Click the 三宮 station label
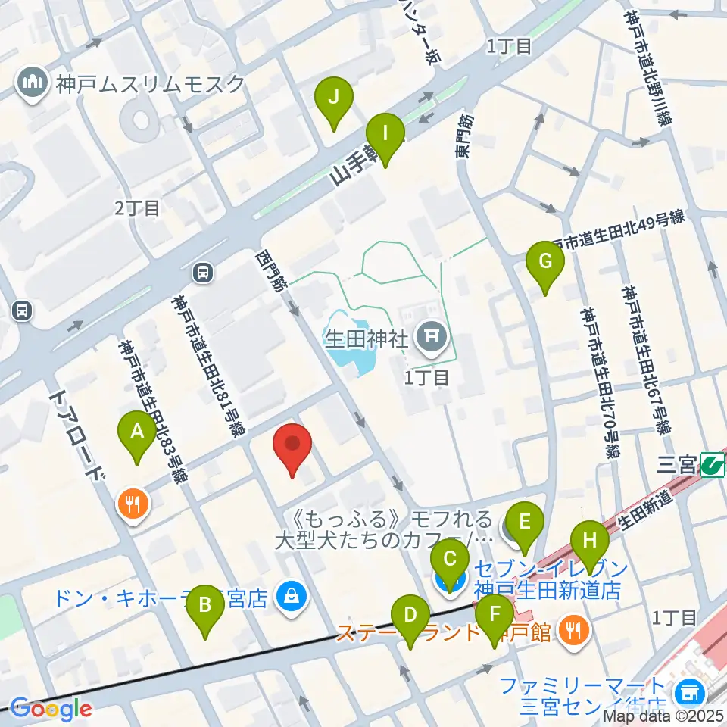(675, 463)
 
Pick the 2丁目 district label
(137, 208)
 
